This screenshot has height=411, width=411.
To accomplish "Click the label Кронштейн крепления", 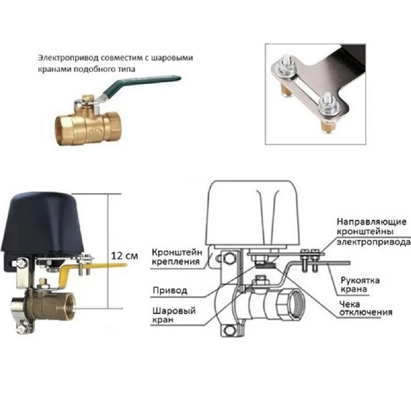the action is pyautogui.click(x=177, y=256).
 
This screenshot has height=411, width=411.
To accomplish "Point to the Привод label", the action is pyautogui.click(x=170, y=291).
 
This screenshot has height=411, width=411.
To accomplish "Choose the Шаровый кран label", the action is pyautogui.click(x=174, y=315).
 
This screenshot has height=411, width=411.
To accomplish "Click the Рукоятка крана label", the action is pyautogui.click(x=360, y=285).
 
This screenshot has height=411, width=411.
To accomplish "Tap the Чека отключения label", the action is pyautogui.click(x=366, y=308).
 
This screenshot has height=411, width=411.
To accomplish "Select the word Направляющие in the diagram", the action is pyautogui.click(x=372, y=222).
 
